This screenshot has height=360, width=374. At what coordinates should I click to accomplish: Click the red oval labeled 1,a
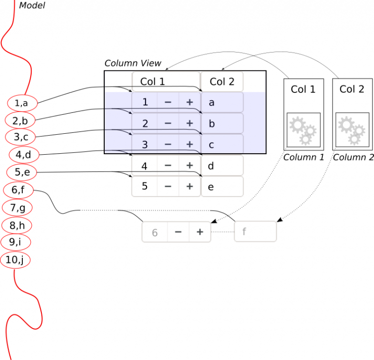coord(22,103)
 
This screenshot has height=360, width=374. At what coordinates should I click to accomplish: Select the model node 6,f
coord(19,190)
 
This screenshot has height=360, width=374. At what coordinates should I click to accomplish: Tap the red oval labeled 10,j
coord(15,260)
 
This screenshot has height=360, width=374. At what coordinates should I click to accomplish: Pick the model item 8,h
coord(17,225)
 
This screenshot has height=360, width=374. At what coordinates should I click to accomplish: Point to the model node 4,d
coord(24,155)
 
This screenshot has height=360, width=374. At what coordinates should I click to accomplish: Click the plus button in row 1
coord(189,102)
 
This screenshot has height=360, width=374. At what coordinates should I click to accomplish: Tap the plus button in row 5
coord(189,186)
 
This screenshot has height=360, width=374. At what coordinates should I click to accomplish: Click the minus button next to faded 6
coord(178,232)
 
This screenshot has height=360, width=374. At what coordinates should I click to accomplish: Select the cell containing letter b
coord(222,123)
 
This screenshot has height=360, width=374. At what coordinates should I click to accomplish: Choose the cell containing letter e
coord(222,186)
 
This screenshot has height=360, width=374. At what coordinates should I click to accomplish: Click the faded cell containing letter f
coord(256,232)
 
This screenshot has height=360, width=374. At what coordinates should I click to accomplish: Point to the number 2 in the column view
coord(145,124)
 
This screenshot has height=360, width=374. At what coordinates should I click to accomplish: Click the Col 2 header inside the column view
coord(222,82)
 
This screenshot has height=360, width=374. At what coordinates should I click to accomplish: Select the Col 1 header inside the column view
coord(166,82)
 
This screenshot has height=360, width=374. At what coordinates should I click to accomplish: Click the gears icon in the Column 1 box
coord(303,130)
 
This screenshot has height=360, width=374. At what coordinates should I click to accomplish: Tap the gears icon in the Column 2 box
coord(352,130)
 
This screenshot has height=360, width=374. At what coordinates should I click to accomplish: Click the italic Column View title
coord(133,63)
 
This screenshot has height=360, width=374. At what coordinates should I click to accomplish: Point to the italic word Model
coord(32,5)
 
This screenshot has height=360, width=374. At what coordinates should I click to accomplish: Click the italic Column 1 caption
coord(304,157)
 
